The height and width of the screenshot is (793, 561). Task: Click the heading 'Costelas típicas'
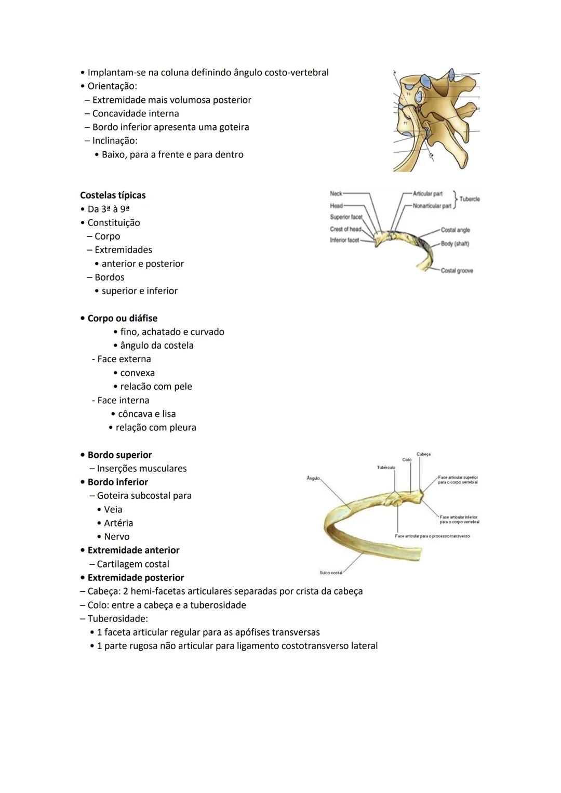[113, 195]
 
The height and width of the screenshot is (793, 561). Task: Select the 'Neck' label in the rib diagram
[336, 193]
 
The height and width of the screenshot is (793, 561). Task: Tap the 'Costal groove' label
[457, 271]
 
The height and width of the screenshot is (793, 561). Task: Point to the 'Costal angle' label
[455, 230]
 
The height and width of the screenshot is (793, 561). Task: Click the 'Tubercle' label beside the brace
[470, 199]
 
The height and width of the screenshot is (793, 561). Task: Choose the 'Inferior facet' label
[344, 240]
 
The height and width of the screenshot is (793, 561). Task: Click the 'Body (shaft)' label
[455, 244]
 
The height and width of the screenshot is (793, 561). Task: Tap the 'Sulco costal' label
[331, 573]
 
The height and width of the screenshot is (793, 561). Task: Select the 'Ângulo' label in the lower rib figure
[313, 478]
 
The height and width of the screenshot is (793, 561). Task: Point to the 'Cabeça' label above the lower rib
[423, 454]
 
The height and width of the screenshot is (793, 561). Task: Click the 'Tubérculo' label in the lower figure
[386, 468]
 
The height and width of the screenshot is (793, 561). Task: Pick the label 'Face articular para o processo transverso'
[432, 536]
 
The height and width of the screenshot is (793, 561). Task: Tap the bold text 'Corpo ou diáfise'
[122, 318]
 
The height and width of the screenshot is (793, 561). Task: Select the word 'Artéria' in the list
[118, 523]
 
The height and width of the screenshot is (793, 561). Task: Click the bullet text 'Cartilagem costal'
[133, 564]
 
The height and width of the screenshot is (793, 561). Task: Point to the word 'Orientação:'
[112, 86]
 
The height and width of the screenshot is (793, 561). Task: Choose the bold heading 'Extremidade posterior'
[136, 577]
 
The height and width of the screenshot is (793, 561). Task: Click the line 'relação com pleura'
[156, 427]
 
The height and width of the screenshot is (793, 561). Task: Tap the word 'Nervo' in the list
[116, 536]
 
